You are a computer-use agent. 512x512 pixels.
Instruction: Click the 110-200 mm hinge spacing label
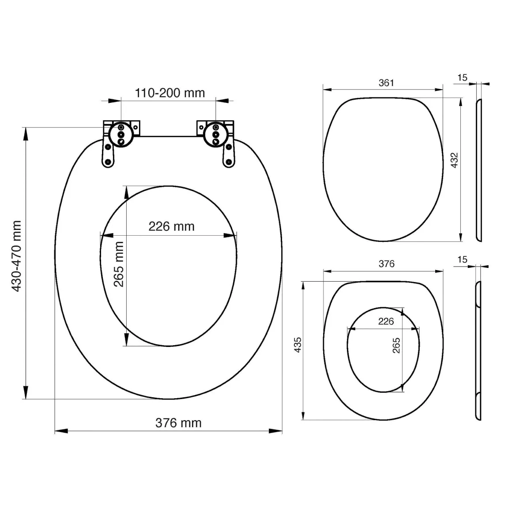pyautogui.click(x=170, y=93)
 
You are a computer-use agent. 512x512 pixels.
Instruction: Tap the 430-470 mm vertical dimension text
pyautogui.click(x=16, y=256)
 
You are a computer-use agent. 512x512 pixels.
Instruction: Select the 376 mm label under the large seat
pyautogui.click(x=178, y=423)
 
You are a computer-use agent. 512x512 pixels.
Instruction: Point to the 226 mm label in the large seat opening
pyautogui.click(x=171, y=226)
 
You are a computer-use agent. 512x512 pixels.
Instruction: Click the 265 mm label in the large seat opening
pyautogui.click(x=119, y=264)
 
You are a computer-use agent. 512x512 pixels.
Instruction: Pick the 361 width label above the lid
pyautogui.click(x=386, y=83)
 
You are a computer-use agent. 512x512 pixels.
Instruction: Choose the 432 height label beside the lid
pyautogui.click(x=454, y=160)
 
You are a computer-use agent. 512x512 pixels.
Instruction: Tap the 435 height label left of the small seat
pyautogui.click(x=297, y=345)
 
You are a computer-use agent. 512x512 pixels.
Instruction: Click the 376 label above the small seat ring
pyautogui.click(x=387, y=264)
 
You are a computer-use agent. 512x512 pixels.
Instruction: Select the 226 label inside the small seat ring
pyautogui.click(x=386, y=321)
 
